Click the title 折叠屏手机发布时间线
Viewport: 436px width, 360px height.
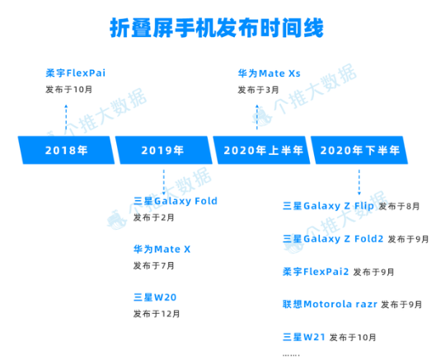point(217,28)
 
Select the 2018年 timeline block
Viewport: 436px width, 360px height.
point(66,150)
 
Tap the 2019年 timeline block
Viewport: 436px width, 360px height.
point(163,150)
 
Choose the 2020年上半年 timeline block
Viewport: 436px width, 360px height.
point(261,150)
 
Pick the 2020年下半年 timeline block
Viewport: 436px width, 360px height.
point(359,150)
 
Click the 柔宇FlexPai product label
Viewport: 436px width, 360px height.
point(76,73)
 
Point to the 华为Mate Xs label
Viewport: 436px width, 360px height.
point(270,73)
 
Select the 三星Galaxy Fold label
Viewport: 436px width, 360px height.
point(176,201)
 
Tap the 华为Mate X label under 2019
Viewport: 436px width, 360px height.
point(162,249)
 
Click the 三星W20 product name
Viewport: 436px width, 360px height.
point(155,297)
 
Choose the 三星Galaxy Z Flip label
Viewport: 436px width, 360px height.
point(328,206)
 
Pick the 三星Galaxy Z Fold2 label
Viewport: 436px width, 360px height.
point(333,239)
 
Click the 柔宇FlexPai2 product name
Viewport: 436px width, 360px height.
point(316,272)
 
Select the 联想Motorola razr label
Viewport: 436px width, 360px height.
point(330,304)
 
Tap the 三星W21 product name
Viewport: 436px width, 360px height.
point(304,337)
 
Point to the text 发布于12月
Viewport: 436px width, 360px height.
point(157,314)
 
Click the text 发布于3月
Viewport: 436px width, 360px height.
point(258,90)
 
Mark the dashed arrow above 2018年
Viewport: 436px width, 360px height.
point(66,119)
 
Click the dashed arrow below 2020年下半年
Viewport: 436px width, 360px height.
point(359,182)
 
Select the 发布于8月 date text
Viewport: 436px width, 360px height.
point(399,206)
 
